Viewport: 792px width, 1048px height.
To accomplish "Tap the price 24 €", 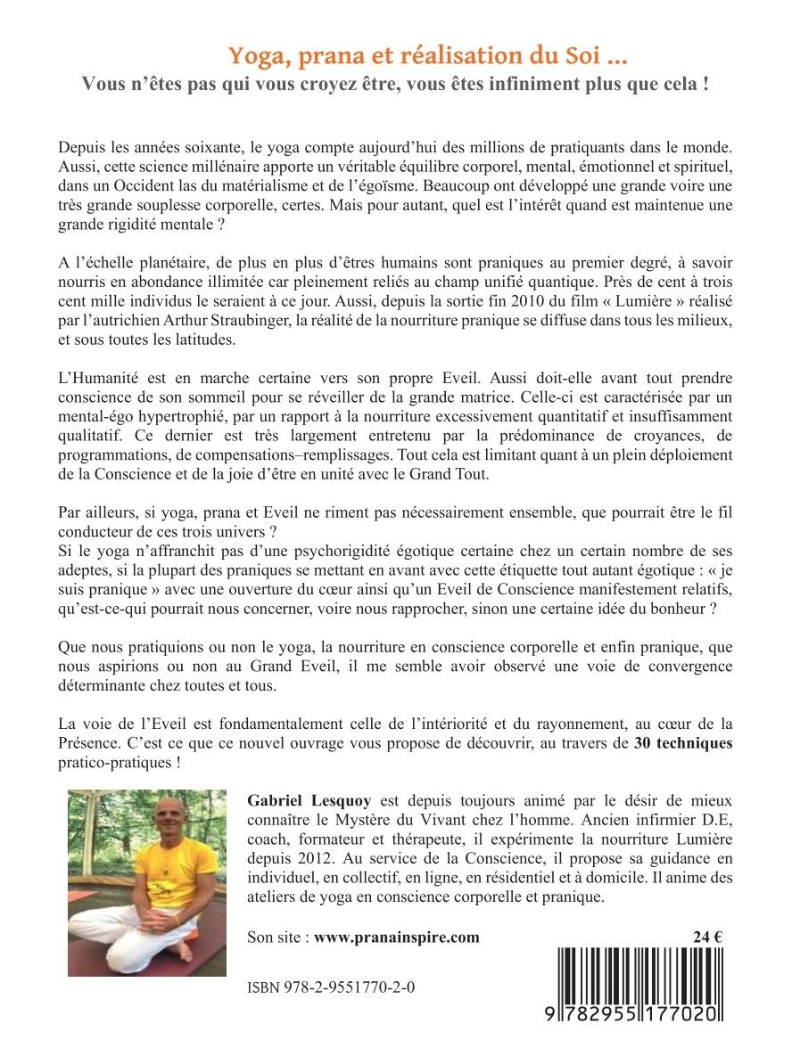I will [x=707, y=937].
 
